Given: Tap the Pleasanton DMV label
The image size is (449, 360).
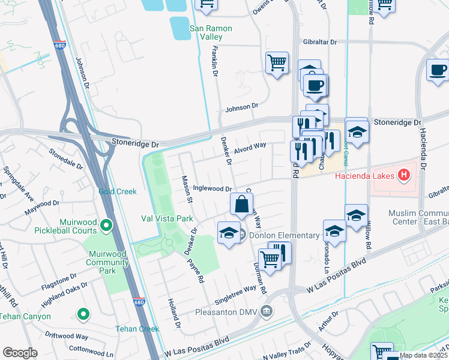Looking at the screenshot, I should click(229, 312).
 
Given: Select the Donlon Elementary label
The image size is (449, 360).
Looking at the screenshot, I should click(284, 235).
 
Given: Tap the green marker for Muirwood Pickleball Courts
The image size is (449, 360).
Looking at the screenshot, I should click(106, 226).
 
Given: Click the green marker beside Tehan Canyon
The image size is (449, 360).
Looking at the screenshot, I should click(83, 313).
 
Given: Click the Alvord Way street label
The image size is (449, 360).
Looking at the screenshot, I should click(250, 146).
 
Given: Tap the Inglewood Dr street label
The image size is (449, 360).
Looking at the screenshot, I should click(212, 189).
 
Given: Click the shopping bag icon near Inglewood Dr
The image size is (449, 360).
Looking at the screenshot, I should click(241, 204).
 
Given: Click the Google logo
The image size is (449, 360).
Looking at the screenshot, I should click(20, 353).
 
